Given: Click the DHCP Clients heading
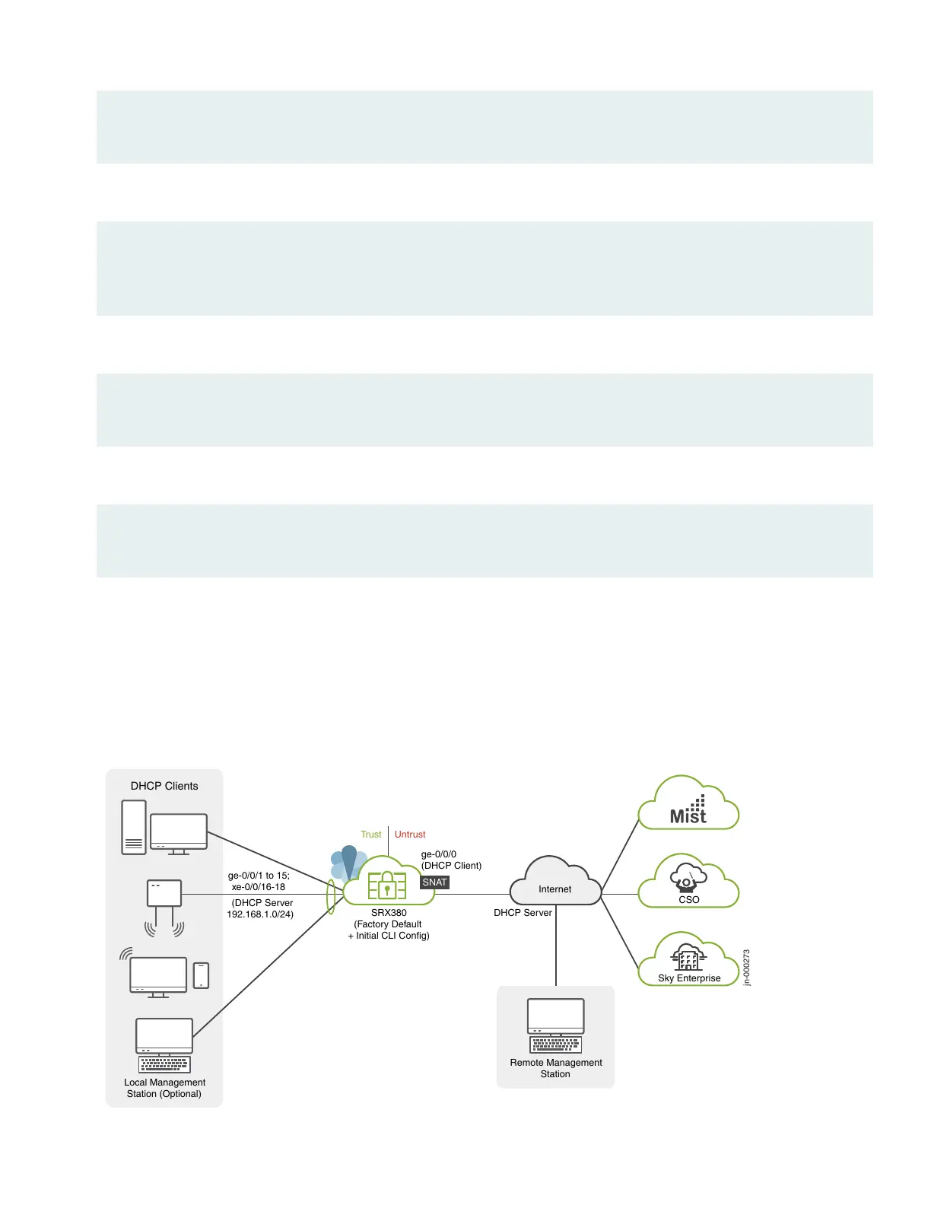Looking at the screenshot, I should (164, 786).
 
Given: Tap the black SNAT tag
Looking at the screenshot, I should (435, 882).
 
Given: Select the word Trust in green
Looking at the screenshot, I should (370, 835).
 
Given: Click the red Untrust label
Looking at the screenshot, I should (410, 835).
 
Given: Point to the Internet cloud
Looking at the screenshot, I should (555, 882).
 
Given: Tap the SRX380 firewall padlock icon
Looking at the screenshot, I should (387, 885).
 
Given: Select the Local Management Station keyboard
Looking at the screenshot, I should (164, 1064).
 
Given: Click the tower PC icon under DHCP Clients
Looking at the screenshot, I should (134, 827).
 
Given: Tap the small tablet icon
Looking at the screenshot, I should (201, 975).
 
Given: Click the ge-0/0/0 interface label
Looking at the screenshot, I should (439, 854).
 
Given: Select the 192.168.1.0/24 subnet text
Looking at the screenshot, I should (260, 914).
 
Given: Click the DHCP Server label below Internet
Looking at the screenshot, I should (523, 913).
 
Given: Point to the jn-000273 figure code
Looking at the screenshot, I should (747, 968).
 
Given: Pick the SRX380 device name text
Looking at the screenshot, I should (389, 913).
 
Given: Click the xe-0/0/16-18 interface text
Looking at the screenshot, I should (259, 887).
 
